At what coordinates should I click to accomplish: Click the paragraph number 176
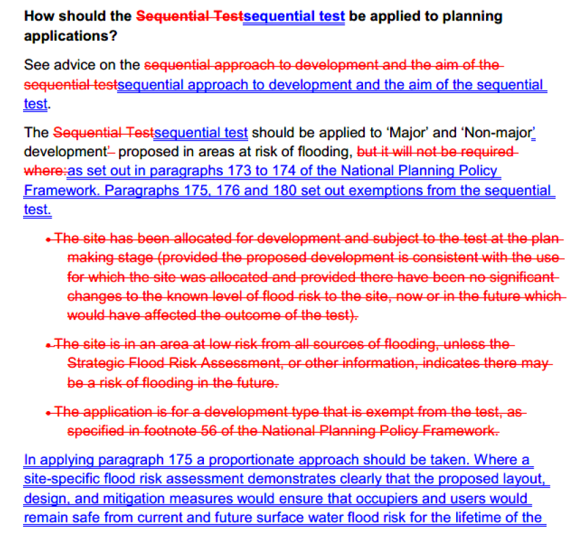228,191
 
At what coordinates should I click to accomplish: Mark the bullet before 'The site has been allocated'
48,239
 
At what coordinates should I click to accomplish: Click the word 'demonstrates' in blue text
275,479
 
